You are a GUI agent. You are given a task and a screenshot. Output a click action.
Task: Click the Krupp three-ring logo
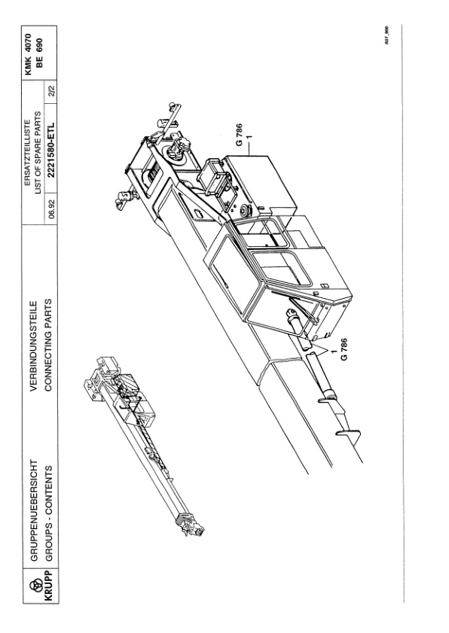[x=38, y=584]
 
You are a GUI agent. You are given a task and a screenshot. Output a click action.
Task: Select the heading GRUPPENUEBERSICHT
[x=35, y=510]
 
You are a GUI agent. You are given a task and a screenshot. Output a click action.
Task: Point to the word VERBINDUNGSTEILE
[x=35, y=345]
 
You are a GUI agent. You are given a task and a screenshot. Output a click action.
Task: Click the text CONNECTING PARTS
[x=48, y=345]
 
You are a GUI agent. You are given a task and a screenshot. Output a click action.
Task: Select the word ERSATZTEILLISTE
[x=27, y=153]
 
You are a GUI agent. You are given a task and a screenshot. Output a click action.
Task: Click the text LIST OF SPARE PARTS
[x=38, y=153]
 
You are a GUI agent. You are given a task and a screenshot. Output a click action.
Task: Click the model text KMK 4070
[x=28, y=53]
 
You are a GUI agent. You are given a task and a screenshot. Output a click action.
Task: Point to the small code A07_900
[x=386, y=35]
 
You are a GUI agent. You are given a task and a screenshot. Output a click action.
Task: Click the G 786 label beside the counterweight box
[x=240, y=135]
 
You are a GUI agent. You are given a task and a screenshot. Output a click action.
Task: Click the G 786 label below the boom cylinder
[x=345, y=349]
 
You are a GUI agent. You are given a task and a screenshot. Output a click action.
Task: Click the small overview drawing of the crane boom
[x=143, y=446]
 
